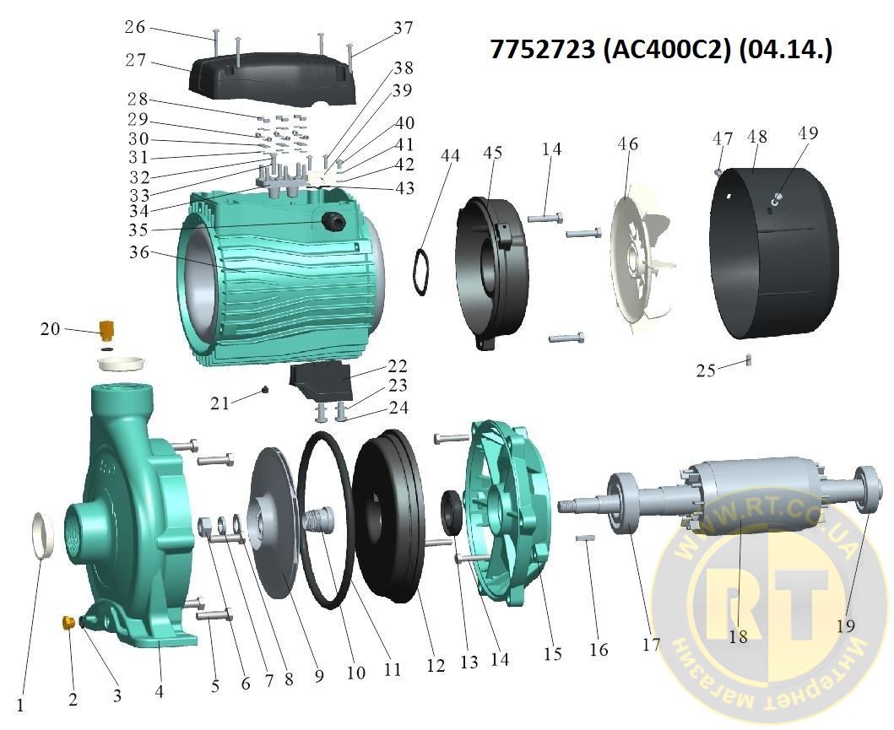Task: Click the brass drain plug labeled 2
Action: pos(68,622)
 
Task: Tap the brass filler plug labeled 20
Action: pos(106,328)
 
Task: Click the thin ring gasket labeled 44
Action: pos(420,271)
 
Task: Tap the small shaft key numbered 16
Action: pos(586,538)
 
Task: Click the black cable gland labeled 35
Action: pos(333,221)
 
